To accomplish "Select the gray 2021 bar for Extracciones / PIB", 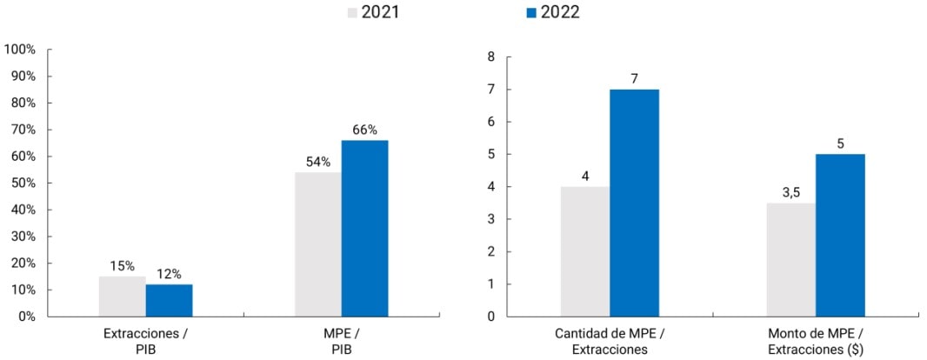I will point(122,297).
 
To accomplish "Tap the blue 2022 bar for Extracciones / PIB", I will point(169,300).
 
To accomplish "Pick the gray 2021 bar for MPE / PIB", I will point(317,244).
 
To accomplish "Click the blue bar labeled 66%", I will point(364,228).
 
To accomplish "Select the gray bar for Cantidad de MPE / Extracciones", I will point(584,251).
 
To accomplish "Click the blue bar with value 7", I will point(634,203).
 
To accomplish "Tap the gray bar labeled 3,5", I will point(790,259).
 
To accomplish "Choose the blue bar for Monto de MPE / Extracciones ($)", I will point(840,235).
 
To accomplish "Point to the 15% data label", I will point(122,266).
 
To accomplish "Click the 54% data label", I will point(317,162).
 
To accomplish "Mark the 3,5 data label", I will point(790,192).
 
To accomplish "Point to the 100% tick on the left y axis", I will point(20,50).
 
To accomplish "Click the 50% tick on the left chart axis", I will point(23,183).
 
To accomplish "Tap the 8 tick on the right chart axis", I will point(490,57).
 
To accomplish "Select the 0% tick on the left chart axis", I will point(26,317).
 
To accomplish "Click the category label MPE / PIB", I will point(341,341).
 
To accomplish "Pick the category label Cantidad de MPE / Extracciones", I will point(609,341).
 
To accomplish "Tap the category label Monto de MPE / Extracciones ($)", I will point(816,341).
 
